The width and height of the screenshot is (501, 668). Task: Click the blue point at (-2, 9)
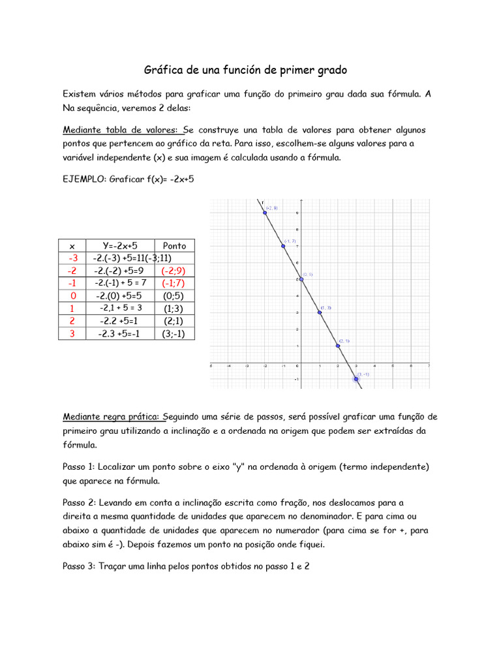[x=265, y=213]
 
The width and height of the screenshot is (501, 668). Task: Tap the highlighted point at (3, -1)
[x=356, y=378]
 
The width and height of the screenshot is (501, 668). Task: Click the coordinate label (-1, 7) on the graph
[x=290, y=241]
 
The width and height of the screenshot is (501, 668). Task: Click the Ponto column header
[x=174, y=246]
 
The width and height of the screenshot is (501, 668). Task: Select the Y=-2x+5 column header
[x=120, y=246]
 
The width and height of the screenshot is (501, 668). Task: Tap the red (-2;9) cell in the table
[x=174, y=271]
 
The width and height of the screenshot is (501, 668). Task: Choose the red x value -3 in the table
[x=72, y=258]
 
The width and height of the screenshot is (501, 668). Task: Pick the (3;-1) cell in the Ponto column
[x=174, y=333]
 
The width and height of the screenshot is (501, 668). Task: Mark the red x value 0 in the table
[x=72, y=296]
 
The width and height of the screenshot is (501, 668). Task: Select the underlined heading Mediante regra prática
[x=112, y=416]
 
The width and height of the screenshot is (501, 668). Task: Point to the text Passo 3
[x=79, y=567]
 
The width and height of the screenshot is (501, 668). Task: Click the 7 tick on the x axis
[x=429, y=367]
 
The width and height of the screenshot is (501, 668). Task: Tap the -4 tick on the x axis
[x=228, y=367]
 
